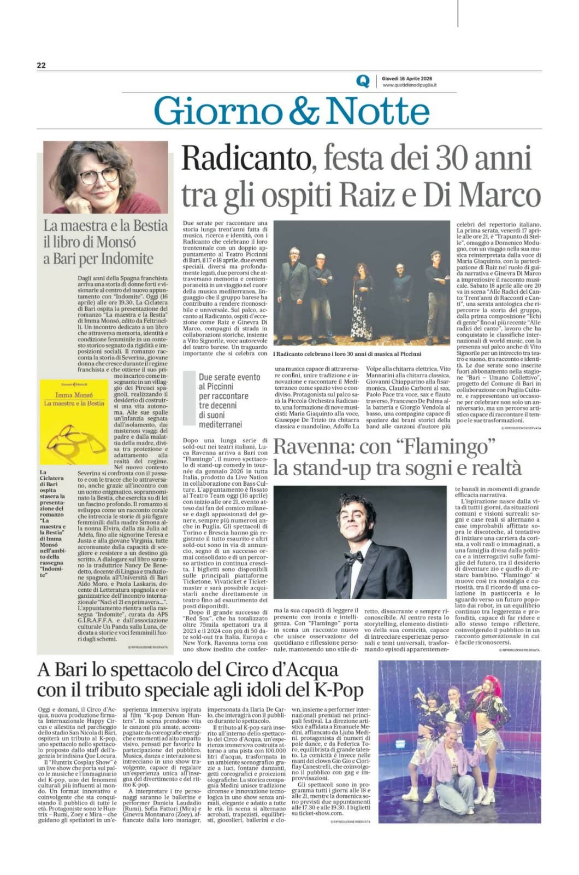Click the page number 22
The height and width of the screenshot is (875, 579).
[x=42, y=65]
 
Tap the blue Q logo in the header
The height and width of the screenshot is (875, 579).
[x=363, y=81]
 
